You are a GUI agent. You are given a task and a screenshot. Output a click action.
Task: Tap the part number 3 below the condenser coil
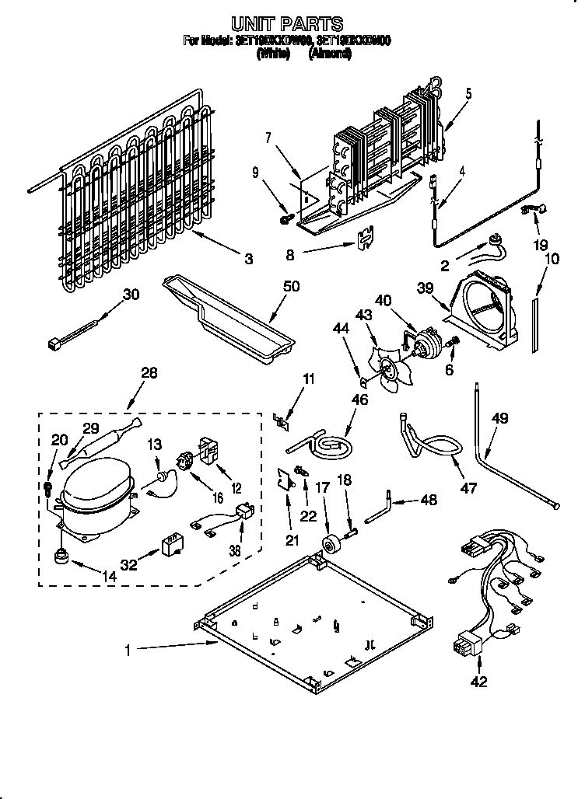[x=248, y=260]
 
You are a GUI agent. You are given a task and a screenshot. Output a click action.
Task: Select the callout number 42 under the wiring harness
[x=478, y=682]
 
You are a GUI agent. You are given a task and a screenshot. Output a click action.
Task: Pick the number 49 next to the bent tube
[x=500, y=419]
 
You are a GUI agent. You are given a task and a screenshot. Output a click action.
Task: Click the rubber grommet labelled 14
[x=60, y=557]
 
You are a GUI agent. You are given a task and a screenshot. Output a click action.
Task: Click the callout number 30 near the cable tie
[x=131, y=294]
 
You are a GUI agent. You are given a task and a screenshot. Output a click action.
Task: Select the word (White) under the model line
[x=272, y=54]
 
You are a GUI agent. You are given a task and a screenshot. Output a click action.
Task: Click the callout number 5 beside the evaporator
[x=469, y=94]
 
